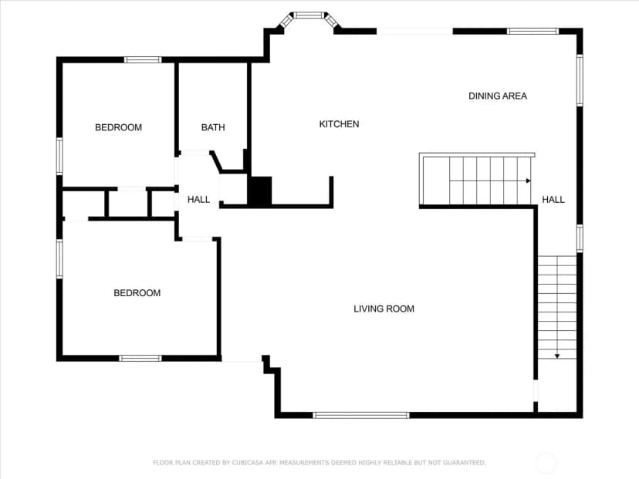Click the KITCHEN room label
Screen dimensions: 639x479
(339, 124)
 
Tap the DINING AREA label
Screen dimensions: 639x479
(498, 96)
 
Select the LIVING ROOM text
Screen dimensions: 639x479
(384, 309)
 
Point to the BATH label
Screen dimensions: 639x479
(213, 127)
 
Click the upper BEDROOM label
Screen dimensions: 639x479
(119, 127)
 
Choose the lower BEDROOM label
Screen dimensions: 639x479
(137, 293)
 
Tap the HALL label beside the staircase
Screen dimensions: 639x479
(553, 200)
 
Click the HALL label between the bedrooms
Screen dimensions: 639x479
(198, 200)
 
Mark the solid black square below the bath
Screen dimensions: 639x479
(260, 191)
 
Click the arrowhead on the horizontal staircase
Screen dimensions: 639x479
(529, 180)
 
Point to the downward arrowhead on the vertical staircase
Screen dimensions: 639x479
(557, 356)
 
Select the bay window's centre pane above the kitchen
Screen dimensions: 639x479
(309, 15)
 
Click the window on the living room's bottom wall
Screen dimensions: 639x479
(361, 416)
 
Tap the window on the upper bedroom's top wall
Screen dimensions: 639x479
(143, 60)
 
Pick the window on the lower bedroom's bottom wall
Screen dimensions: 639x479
(140, 359)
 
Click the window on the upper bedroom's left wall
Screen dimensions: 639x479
(59, 157)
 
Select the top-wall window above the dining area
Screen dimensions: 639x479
(532, 31)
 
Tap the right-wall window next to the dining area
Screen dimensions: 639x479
(580, 80)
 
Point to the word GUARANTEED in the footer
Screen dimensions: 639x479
(464, 463)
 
